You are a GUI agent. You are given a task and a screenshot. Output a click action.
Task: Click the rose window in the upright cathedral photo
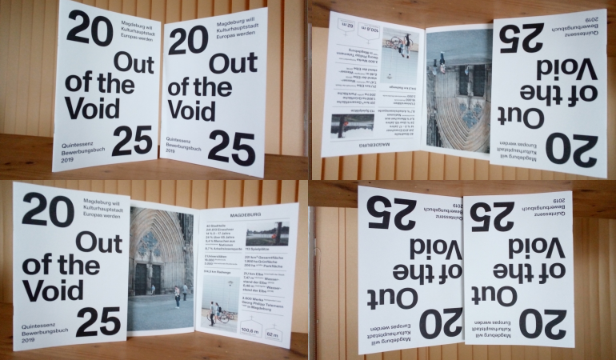[150, 242]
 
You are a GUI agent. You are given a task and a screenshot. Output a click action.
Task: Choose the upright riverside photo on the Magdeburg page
[267, 234]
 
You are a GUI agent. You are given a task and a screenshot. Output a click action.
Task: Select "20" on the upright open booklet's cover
[48, 210]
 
